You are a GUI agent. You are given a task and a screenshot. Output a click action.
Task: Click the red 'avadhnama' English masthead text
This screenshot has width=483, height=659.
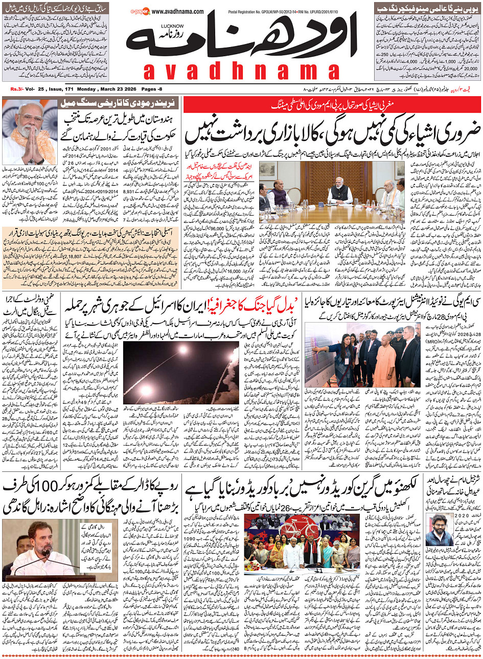[x=241, y=72]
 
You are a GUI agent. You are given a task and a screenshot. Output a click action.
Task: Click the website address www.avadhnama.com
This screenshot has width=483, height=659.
[x=177, y=12]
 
